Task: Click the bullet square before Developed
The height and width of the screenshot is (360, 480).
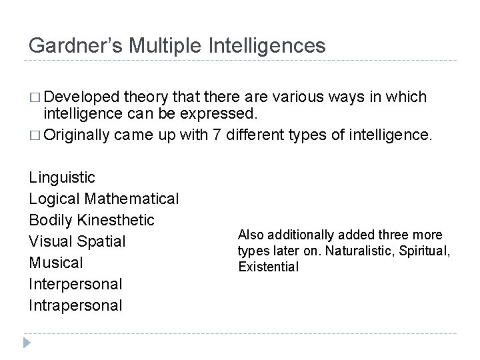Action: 35,98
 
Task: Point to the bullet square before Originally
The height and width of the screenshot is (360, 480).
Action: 35,136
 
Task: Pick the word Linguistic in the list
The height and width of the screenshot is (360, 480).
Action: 62,177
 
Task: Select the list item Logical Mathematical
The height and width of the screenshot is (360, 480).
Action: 104,199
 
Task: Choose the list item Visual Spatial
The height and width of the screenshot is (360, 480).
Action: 77,241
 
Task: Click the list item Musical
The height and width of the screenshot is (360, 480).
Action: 56,263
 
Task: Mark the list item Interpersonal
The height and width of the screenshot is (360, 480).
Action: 76,284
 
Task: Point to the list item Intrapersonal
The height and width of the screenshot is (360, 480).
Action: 76,305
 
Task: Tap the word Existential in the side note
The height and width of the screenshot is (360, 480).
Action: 268,267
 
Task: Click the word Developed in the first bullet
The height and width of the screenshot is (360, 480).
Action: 76,97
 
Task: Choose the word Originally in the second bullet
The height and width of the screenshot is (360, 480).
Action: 77,136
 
